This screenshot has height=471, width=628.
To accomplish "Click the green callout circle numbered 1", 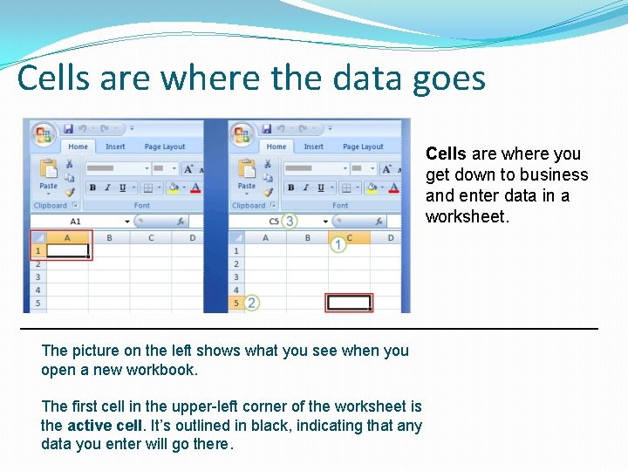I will point(338,245).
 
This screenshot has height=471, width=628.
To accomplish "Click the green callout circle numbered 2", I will point(252,303).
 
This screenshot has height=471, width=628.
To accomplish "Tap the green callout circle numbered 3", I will point(289,222).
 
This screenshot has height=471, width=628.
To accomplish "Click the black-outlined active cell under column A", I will point(67,251).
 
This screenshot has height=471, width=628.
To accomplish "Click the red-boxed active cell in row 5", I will point(349,303).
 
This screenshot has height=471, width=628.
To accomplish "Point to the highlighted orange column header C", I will point(349,237).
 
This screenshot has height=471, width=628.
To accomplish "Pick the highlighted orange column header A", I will point(67,237).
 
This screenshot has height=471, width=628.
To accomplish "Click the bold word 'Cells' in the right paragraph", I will point(446,154).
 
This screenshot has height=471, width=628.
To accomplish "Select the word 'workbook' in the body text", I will point(162,370).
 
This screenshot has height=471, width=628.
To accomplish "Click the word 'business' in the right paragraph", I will point(556,175).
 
